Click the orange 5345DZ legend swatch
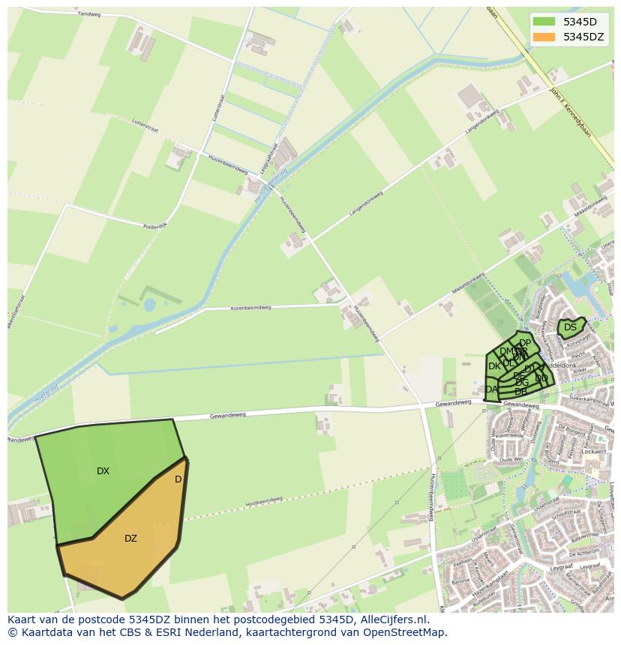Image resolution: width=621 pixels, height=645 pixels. [544, 37]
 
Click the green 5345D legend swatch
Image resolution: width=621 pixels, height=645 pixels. [544, 21]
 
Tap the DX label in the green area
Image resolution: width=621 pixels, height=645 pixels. [103, 471]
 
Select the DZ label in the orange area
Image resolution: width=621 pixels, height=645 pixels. [130, 539]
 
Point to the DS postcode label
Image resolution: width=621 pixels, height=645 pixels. [570, 327]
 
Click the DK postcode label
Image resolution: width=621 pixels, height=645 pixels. [494, 366]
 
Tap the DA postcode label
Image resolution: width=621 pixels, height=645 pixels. [491, 390]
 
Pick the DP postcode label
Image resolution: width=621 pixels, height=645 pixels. [525, 343]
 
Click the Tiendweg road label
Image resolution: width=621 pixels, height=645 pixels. [88, 13]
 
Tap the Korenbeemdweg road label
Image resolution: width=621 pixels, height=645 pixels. [229, 308]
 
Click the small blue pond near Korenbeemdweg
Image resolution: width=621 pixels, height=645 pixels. [150, 305]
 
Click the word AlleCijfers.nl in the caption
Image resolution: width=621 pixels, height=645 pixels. [392, 620]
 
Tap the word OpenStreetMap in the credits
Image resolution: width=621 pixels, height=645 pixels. [406, 632]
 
